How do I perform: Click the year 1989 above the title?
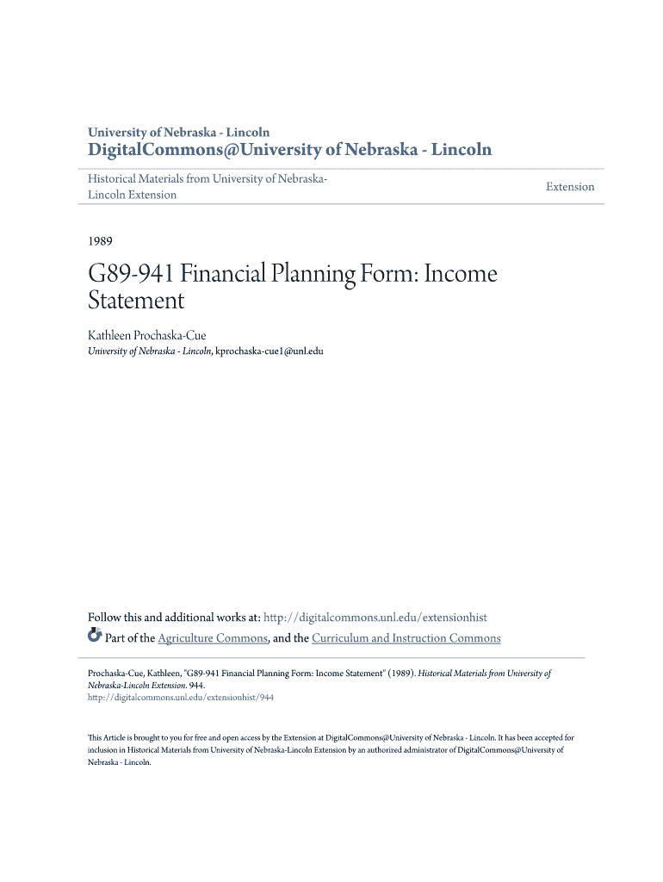tap(101, 241)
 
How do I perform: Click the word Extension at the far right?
tap(570, 187)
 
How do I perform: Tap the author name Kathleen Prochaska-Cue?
tap(147, 335)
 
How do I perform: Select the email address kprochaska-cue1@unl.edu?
tap(269, 351)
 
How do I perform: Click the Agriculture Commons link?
tap(214, 638)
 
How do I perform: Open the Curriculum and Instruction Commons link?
tap(406, 638)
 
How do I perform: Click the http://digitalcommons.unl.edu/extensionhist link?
tap(375, 618)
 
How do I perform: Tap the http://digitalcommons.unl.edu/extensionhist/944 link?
tap(181, 698)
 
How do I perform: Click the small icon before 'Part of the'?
tap(95, 637)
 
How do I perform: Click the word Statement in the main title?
tap(137, 301)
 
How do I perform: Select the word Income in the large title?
tap(460, 275)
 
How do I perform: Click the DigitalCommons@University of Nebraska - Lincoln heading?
tap(290, 150)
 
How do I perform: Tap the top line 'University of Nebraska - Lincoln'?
tap(179, 133)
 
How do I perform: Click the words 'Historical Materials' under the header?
tap(136, 179)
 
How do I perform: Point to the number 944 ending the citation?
tap(195, 686)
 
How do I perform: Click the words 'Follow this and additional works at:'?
tap(174, 618)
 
